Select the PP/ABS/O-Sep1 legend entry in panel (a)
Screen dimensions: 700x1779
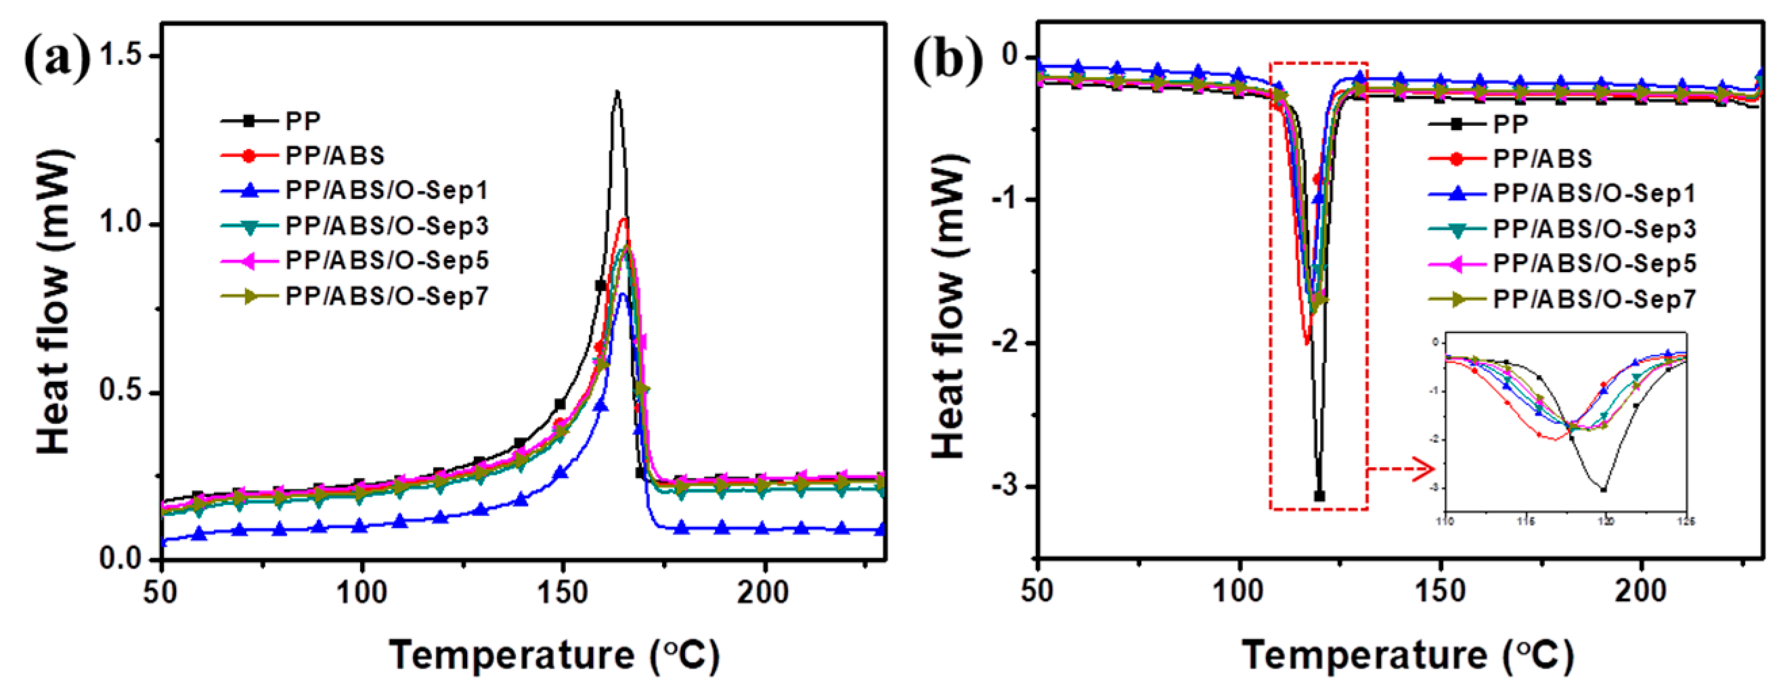(386, 190)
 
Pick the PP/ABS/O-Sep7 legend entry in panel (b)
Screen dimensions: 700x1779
(1594, 299)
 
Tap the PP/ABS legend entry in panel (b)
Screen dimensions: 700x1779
(1542, 159)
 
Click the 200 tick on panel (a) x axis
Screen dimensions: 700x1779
(762, 592)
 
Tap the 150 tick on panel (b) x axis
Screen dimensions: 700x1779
(1441, 592)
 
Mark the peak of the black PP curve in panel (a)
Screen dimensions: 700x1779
(617, 92)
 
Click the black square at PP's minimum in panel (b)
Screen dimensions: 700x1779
(1319, 496)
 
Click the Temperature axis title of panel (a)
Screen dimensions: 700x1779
(554, 655)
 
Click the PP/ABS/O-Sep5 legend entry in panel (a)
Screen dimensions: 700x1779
(386, 261)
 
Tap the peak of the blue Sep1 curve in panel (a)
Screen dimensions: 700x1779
(623, 294)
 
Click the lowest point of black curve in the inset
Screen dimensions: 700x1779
(1603, 489)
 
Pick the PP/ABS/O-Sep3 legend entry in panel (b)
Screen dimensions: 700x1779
(1594, 229)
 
